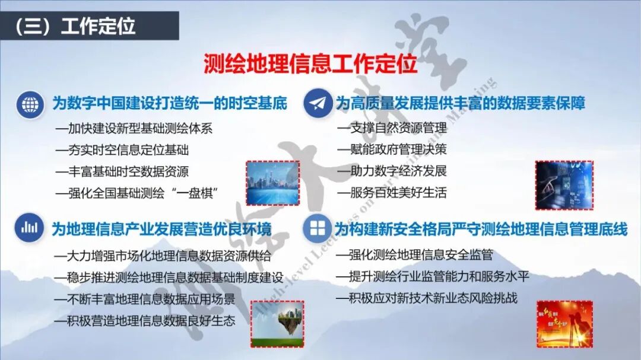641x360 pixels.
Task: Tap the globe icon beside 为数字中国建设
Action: pyautogui.click(x=30, y=104)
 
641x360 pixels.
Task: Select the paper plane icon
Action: pyautogui.click(x=318, y=104)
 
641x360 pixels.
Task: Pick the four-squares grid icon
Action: pyautogui.click(x=318, y=228)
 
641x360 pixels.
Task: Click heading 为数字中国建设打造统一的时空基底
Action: pyautogui.click(x=170, y=104)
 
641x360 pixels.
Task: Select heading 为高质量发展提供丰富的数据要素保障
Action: pyautogui.click(x=461, y=104)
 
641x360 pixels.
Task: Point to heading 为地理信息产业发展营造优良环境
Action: pyautogui.click(x=161, y=228)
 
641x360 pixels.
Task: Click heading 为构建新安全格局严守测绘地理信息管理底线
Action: pyautogui.click(x=481, y=229)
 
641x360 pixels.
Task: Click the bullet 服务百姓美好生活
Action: pyautogui.click(x=392, y=193)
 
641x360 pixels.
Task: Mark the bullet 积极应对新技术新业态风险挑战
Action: pyautogui.click(x=426, y=298)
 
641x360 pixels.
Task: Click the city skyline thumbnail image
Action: pyautogui.click(x=273, y=183)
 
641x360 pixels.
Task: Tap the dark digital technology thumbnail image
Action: pyautogui.click(x=563, y=185)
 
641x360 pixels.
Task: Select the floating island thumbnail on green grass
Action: pyautogui.click(x=277, y=324)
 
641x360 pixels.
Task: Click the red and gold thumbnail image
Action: pyautogui.click(x=564, y=324)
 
